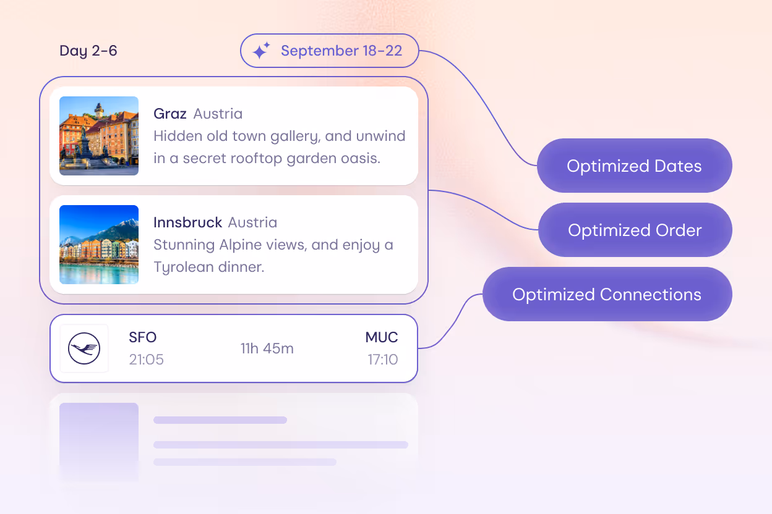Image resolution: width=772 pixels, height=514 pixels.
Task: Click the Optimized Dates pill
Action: click(x=634, y=166)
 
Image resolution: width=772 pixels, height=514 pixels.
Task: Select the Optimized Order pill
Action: click(x=635, y=230)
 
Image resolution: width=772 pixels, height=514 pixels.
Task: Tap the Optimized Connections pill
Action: click(x=607, y=294)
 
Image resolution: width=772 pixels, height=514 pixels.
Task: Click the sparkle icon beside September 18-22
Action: click(x=262, y=51)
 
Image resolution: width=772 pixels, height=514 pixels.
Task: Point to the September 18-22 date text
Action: click(x=341, y=51)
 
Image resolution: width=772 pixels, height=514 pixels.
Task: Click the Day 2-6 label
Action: click(x=88, y=51)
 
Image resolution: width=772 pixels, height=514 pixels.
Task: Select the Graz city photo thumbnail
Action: click(x=99, y=136)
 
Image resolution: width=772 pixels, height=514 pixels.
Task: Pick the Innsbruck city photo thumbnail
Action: click(x=99, y=245)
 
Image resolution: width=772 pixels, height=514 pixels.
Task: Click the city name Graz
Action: click(x=170, y=114)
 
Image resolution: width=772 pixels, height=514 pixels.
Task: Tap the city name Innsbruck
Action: click(x=187, y=222)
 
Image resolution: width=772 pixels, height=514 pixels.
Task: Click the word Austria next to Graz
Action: click(x=218, y=114)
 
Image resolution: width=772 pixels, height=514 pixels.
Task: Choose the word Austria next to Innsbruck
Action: click(x=252, y=222)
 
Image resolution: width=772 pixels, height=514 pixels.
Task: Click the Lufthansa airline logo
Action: click(x=84, y=348)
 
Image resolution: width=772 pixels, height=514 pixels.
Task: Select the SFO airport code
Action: click(x=142, y=337)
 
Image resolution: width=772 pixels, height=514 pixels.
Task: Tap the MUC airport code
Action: click(x=382, y=337)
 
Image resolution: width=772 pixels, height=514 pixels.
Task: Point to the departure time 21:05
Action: click(x=146, y=360)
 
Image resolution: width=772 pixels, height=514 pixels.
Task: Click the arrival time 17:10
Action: click(x=383, y=360)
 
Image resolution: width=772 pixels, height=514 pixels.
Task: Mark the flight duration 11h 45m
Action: click(x=267, y=348)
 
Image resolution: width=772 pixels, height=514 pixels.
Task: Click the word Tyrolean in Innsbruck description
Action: click(x=183, y=267)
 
